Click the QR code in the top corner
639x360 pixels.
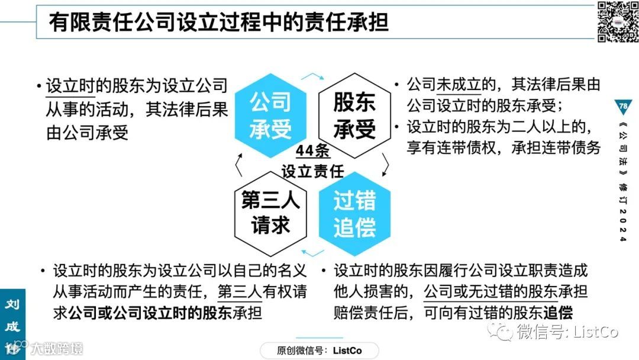pyautogui.click(x=617, y=22)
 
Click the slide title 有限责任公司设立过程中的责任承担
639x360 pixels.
pyautogui.click(x=219, y=22)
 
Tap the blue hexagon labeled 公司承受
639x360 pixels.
pyautogui.click(x=270, y=116)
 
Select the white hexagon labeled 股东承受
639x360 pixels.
pyautogui.click(x=354, y=116)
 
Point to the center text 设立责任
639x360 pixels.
pyautogui.click(x=313, y=171)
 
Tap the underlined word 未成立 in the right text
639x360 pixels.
pyautogui.click(x=459, y=85)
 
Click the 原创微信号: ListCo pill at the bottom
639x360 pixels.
pyautogui.click(x=319, y=351)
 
